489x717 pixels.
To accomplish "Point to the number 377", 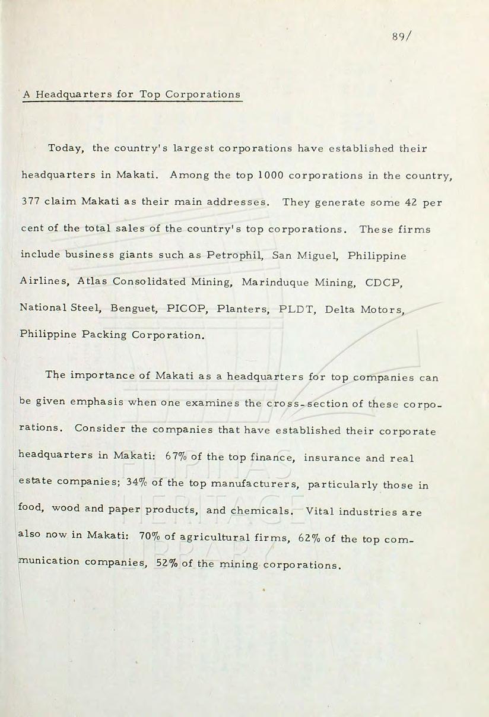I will click(31, 202).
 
